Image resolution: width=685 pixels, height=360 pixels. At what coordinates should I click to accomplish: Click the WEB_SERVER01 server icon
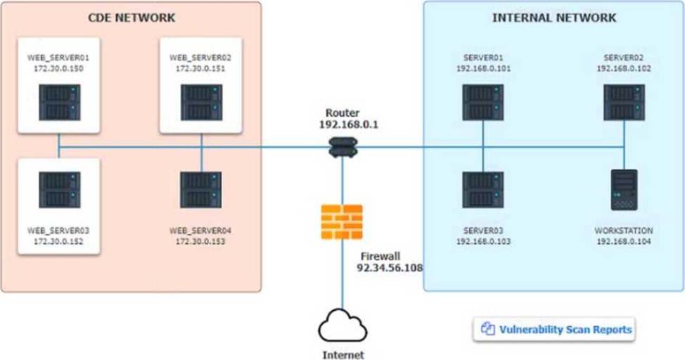click(59, 103)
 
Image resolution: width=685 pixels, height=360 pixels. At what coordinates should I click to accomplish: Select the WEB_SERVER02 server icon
click(201, 103)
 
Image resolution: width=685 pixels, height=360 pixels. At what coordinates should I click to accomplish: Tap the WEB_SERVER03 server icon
click(59, 190)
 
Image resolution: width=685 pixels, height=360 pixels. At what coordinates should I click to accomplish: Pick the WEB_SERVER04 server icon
click(201, 190)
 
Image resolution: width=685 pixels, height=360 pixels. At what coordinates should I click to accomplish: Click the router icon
click(343, 147)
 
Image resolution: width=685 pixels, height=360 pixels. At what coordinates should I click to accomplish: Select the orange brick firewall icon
click(342, 222)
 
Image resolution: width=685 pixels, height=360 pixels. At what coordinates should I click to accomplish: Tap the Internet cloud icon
click(342, 326)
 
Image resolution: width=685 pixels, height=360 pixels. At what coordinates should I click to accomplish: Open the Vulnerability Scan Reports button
click(554, 329)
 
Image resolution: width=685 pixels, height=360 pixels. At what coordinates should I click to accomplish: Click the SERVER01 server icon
click(483, 103)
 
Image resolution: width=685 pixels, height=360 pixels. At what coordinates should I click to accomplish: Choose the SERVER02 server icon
click(625, 103)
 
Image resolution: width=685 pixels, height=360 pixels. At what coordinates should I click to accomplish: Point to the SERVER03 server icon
click(483, 190)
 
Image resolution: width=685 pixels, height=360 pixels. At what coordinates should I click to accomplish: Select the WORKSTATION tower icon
click(624, 190)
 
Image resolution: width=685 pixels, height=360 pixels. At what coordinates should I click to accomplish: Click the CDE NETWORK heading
click(132, 18)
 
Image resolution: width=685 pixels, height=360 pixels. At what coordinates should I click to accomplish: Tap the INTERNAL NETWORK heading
click(554, 18)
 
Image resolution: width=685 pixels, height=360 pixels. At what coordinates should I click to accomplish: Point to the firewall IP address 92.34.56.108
click(390, 268)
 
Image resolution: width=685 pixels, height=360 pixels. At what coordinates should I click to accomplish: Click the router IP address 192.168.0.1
click(349, 124)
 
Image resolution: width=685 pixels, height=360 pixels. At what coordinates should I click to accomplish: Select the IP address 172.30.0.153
click(200, 241)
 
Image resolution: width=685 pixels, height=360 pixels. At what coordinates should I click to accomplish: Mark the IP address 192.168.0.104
click(624, 241)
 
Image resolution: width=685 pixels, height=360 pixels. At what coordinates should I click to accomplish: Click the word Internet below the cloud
click(343, 355)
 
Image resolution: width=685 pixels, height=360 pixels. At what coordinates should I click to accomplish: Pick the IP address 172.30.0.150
click(58, 69)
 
